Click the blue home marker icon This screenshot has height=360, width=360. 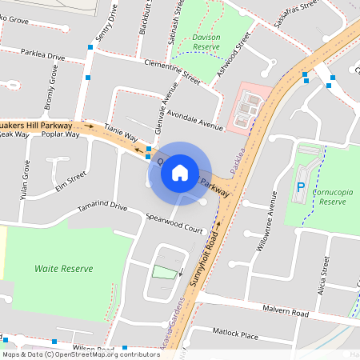(x=180, y=172)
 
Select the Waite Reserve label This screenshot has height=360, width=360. (x=64, y=269)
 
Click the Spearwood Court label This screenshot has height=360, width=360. (x=174, y=222)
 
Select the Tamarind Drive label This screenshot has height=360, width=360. (x=102, y=207)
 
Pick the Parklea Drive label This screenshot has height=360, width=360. (x=42, y=57)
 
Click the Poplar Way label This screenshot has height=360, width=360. (x=62, y=134)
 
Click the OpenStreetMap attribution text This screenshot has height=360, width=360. (x=80, y=354)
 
